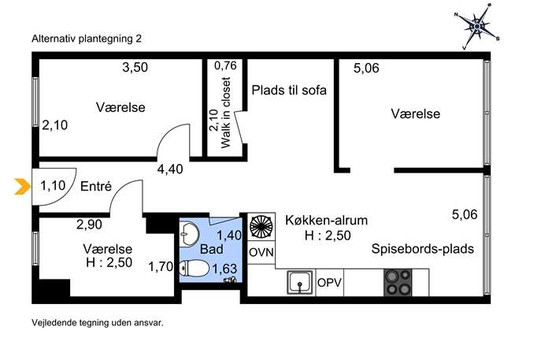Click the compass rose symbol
click(x=477, y=26)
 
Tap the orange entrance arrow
click(x=22, y=187)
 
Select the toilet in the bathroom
click(x=195, y=268)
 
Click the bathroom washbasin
click(x=189, y=234)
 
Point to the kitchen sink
click(x=300, y=282)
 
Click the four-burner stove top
click(x=398, y=283)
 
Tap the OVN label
click(x=261, y=253)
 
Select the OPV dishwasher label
click(x=329, y=283)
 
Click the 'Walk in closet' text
click(x=225, y=113)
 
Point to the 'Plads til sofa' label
click(x=289, y=90)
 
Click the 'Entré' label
click(x=96, y=187)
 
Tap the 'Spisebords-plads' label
click(x=422, y=249)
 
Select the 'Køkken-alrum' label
click(x=326, y=221)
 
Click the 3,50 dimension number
click(x=135, y=67)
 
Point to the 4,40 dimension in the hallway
click(x=170, y=169)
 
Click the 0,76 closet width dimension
click(x=225, y=65)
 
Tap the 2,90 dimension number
click(x=89, y=225)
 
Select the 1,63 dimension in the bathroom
click(x=224, y=269)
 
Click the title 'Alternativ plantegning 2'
click(x=87, y=39)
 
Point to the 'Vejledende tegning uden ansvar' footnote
click(x=98, y=323)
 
